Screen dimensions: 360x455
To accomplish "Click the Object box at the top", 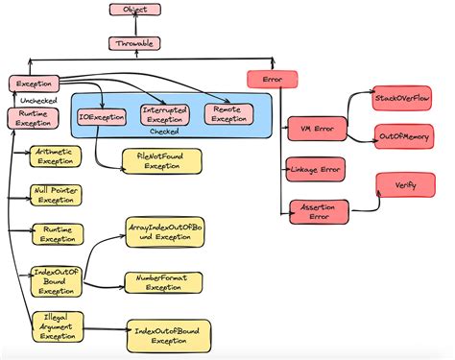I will (134, 11).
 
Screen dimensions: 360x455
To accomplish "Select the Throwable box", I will (134, 43).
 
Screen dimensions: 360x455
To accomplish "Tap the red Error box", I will (265, 80).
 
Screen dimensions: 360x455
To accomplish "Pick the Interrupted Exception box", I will (164, 114).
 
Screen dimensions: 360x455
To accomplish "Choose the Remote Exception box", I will (228, 114).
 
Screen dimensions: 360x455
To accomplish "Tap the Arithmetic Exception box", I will (56, 156).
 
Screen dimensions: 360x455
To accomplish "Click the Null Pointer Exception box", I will (56, 195).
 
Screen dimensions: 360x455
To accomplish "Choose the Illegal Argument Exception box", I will (56, 325).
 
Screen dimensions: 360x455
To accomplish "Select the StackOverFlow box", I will (401, 99).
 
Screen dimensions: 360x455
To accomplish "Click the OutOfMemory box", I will (402, 138).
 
